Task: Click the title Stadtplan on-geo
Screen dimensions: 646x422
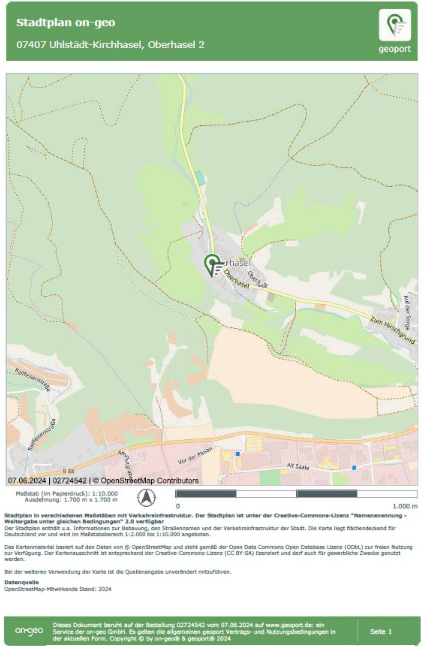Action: point(66,23)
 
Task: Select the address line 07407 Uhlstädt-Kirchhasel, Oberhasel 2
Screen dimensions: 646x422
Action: point(110,45)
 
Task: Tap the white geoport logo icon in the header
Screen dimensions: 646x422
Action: point(394,25)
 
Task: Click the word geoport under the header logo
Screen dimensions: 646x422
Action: point(394,49)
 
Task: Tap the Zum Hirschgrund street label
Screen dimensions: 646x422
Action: point(393,331)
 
